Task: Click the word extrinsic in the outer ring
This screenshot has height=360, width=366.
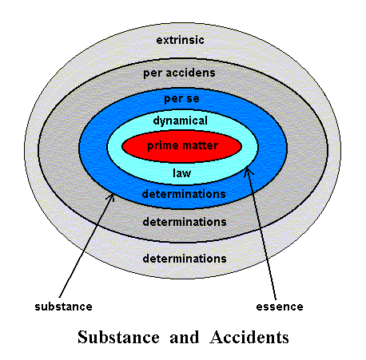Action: [180, 40]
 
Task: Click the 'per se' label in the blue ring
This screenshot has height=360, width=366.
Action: [181, 99]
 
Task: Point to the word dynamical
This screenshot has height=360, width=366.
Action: [181, 121]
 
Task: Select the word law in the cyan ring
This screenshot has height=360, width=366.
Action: [181, 173]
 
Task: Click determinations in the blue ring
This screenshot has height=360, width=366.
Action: [184, 194]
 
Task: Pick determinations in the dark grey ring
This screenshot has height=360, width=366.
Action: [185, 222]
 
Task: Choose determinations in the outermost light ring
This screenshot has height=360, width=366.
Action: [185, 259]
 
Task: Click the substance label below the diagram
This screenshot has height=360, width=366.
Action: [63, 307]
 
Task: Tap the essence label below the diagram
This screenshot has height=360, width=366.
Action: [280, 307]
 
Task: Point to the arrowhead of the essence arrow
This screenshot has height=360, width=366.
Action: [248, 171]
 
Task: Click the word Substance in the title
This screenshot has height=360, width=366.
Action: [118, 337]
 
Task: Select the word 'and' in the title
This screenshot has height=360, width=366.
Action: [185, 337]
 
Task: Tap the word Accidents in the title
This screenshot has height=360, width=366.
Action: [249, 337]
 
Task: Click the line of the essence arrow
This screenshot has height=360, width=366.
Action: [262, 234]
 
